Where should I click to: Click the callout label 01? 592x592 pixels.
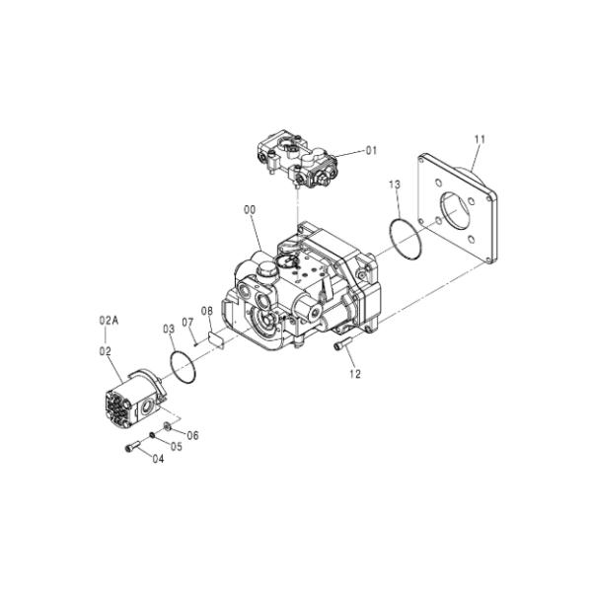[371, 151]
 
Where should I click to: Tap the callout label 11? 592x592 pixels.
[481, 139]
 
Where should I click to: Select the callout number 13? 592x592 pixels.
[395, 185]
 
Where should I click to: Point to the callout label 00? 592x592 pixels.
[250, 210]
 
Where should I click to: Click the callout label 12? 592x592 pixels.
[355, 374]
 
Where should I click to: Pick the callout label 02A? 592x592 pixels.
[109, 321]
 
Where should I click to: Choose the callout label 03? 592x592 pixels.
[168, 329]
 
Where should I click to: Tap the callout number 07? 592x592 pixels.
[187, 323]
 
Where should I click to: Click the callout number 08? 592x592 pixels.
[207, 311]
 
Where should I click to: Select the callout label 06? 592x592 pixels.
[192, 435]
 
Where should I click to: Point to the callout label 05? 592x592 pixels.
[177, 446]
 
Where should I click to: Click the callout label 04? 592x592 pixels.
[157, 459]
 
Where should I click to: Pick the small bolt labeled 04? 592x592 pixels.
[131, 449]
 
